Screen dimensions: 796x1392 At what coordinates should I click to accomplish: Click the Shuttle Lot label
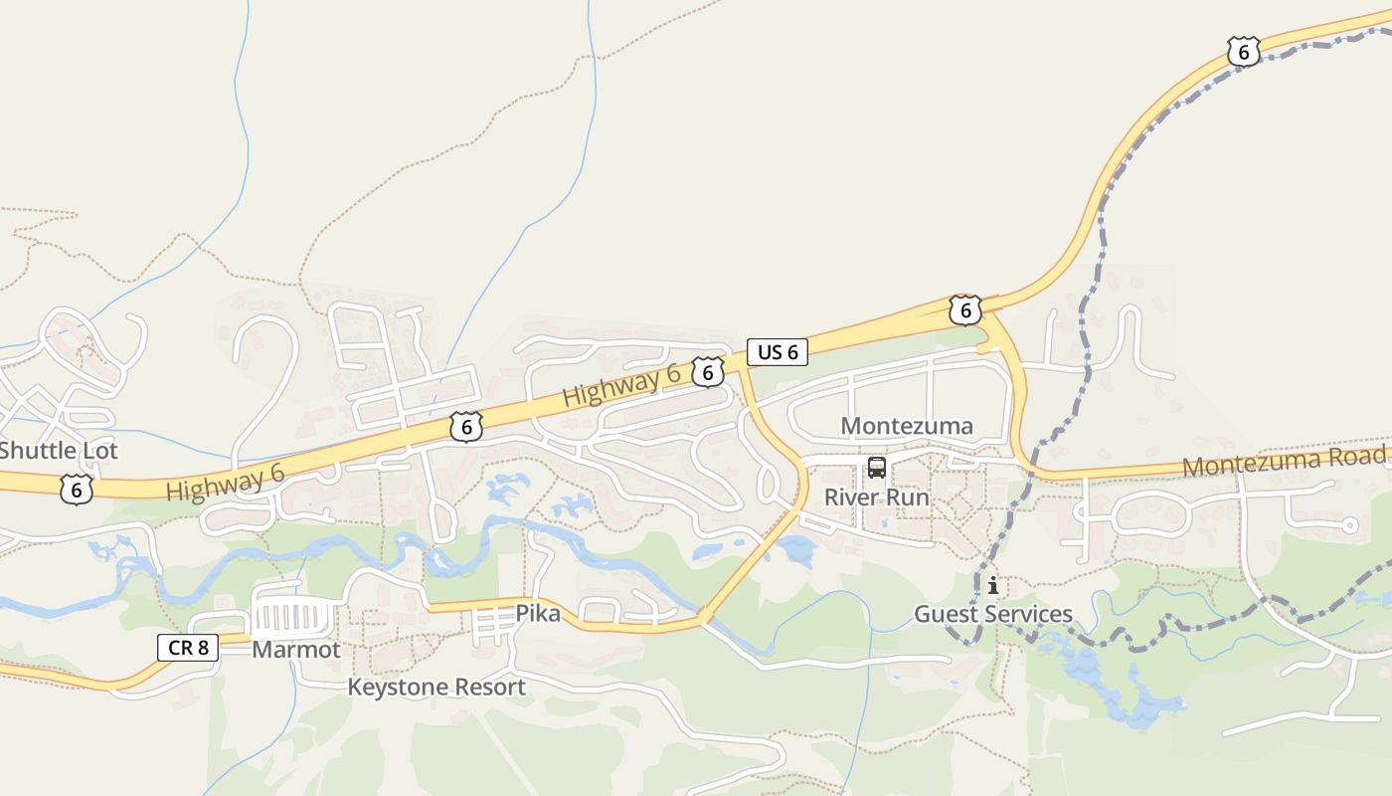coord(59,451)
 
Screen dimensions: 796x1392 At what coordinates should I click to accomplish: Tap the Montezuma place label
coord(907,426)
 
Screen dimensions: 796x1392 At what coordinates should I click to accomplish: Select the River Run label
coord(877,497)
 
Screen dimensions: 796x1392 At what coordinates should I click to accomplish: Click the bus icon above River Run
coord(876,468)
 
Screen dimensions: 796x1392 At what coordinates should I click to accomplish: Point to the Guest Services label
coord(993,614)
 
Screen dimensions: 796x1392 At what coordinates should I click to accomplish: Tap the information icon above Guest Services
coord(992,585)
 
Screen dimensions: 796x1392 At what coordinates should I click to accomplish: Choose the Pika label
coord(538,614)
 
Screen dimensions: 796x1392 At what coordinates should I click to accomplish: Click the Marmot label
coord(296,650)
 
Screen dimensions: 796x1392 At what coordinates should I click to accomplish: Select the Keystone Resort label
coord(435,687)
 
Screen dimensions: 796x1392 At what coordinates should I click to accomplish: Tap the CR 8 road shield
coord(188,648)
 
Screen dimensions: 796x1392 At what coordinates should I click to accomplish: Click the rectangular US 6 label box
coord(778,351)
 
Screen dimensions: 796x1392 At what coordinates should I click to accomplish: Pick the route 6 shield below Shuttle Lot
coord(77,489)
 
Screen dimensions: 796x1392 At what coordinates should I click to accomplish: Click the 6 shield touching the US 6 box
coord(707,373)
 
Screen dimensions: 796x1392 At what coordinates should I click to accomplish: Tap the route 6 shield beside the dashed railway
coord(1243,52)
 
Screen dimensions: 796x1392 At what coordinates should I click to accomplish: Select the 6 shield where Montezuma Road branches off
coord(964,309)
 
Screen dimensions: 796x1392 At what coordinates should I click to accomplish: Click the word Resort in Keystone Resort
coord(486,687)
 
